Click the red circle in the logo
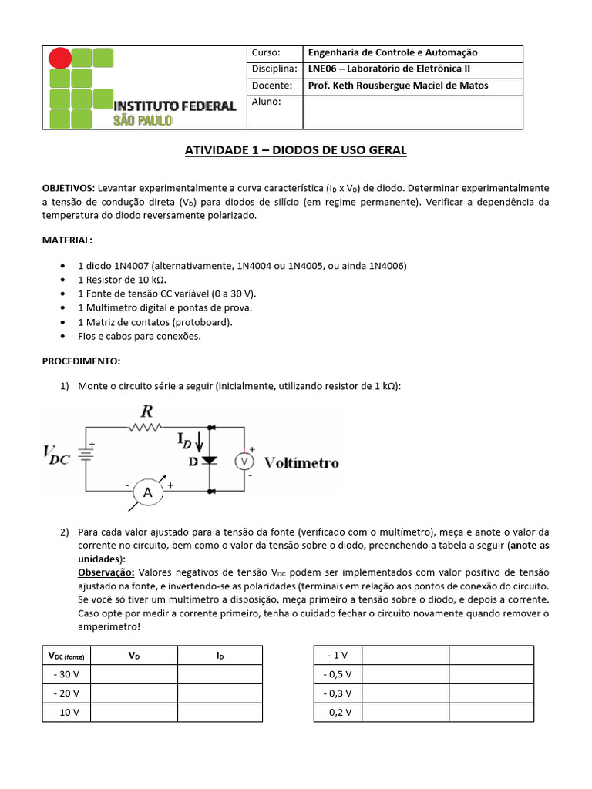60,58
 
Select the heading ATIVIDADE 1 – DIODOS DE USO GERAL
295,150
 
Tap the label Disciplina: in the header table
274,69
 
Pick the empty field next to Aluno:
412,112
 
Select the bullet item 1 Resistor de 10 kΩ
122,280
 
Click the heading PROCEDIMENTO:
80,361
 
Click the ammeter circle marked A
146,492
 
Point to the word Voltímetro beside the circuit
301,463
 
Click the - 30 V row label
66,674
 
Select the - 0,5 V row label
338,674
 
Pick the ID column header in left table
220,655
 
